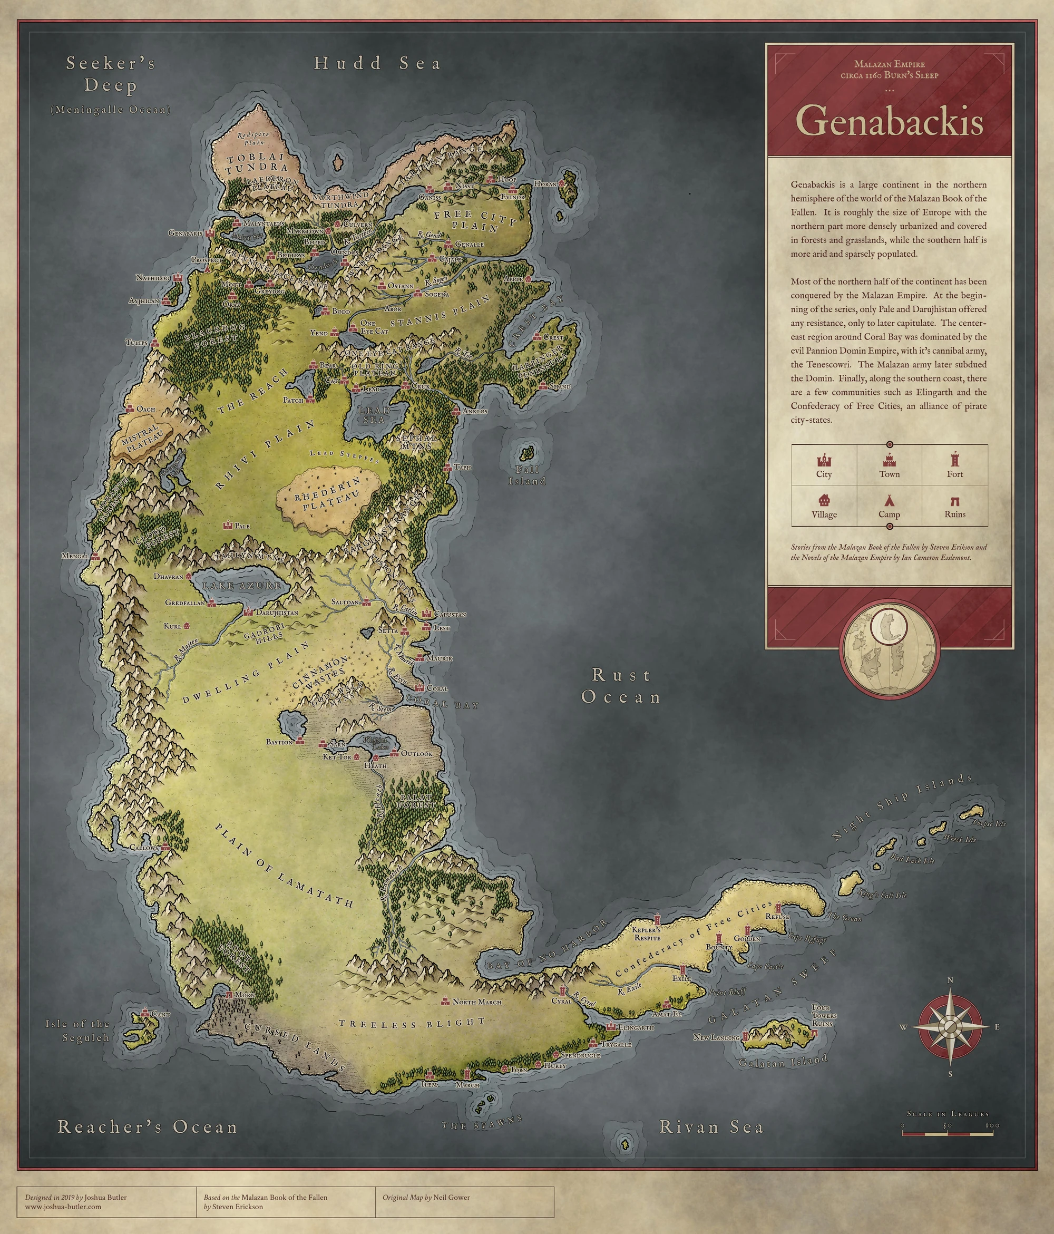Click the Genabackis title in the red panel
(889, 121)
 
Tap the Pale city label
(242, 526)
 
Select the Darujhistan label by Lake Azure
(277, 612)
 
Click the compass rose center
(950, 1026)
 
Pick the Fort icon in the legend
(954, 460)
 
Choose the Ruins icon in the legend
(954, 501)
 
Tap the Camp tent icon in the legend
(889, 500)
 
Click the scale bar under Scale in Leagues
(947, 1134)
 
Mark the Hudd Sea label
(377, 63)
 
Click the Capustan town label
(450, 614)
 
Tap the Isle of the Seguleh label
(78, 1031)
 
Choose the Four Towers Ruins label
(824, 1015)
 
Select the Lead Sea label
(374, 414)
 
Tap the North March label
(476, 1002)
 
